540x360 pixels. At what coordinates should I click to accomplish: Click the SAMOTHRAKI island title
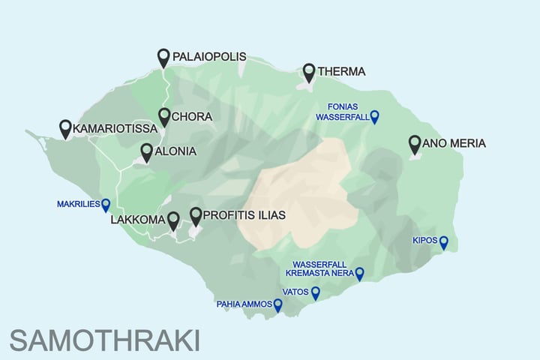click(x=105, y=340)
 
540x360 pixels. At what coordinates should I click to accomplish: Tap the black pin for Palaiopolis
click(x=164, y=57)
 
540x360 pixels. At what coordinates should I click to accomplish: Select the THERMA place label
click(x=341, y=72)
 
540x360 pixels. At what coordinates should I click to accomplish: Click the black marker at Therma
click(x=309, y=72)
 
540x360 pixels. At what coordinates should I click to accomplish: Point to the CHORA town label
click(x=191, y=117)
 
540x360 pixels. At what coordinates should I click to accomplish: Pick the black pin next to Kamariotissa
click(x=65, y=128)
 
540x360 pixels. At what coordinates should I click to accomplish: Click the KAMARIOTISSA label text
click(x=115, y=130)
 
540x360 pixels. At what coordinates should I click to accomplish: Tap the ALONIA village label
click(x=175, y=151)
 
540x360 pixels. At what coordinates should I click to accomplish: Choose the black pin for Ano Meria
click(x=415, y=143)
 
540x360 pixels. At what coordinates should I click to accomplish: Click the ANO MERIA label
click(x=454, y=143)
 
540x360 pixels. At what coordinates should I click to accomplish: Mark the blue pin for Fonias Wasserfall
click(x=375, y=116)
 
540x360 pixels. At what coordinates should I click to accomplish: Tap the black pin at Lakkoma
click(x=173, y=220)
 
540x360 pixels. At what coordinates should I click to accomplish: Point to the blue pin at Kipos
click(x=443, y=241)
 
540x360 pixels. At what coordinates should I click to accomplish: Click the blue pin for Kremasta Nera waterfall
click(x=359, y=274)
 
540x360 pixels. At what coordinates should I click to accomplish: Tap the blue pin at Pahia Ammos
click(x=278, y=305)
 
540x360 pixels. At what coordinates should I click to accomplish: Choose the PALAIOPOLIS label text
click(x=209, y=56)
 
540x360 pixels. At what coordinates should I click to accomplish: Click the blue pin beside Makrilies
click(x=106, y=204)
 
